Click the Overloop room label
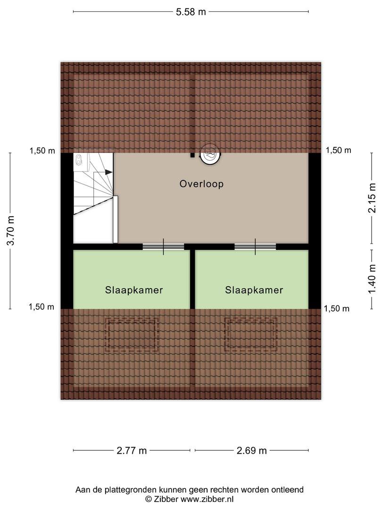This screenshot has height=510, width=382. point(201,184)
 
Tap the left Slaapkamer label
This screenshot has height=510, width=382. point(134,290)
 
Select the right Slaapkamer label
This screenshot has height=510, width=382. point(254,290)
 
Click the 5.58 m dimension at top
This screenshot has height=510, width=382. point(191,12)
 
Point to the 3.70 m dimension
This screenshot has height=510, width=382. point(11,230)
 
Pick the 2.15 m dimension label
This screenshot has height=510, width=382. point(372,198)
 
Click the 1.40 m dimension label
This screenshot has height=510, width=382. point(372,279)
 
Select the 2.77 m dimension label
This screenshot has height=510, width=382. point(132,450)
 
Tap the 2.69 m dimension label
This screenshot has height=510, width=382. point(252,450)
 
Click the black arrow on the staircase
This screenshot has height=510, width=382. point(109,172)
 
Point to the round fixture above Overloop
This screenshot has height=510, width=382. point(210,154)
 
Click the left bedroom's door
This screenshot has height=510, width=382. point(163,246)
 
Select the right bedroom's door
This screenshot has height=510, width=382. point(255,246)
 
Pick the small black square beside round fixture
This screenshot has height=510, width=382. point(192,155)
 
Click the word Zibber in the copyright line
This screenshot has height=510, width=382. point(166,499)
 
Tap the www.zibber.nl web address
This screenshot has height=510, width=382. point(207,499)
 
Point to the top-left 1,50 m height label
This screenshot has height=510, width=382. point(42,151)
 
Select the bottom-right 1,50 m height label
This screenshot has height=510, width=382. point(337,309)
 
